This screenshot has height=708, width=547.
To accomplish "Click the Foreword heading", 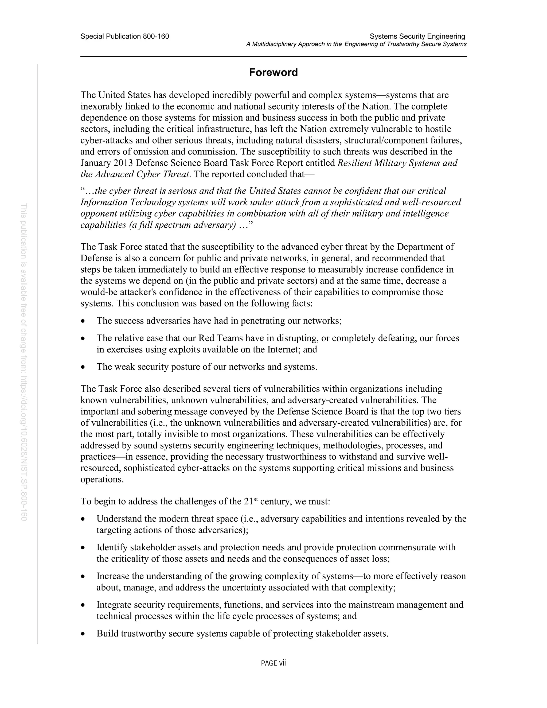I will coord(273,72).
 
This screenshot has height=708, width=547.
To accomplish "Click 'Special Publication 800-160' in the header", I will coord(125,36).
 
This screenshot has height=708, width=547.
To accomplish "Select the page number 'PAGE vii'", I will coord(273,663).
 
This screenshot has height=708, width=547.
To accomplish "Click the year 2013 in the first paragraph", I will coord(123,163).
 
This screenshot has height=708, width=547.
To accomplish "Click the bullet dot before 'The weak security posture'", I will coord(83,367).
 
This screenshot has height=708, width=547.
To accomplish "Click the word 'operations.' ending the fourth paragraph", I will coord(102,480).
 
